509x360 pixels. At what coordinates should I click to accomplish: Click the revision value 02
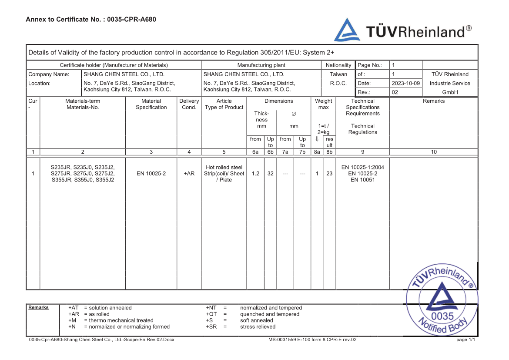pos(395,92)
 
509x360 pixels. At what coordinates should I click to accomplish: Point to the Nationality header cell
pos(338,65)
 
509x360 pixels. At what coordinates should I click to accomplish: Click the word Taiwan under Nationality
pos(338,74)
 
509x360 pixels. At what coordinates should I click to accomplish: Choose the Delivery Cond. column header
pos(189,104)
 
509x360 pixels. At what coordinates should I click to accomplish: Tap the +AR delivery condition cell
pos(189,173)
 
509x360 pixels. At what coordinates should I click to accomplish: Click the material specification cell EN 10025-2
pos(151,173)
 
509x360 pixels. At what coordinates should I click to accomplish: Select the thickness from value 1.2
pos(255,173)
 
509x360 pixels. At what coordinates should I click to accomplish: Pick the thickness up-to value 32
pos(270,173)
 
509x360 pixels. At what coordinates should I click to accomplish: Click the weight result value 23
pos(329,173)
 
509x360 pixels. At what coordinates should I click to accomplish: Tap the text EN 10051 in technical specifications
pos(362,180)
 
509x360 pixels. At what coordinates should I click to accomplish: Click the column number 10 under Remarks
pos(433,152)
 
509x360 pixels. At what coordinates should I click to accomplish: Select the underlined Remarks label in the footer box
pos(38,308)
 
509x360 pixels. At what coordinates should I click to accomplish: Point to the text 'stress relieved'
pos(258,326)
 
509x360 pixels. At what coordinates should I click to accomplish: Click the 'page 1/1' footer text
pos(465,340)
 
